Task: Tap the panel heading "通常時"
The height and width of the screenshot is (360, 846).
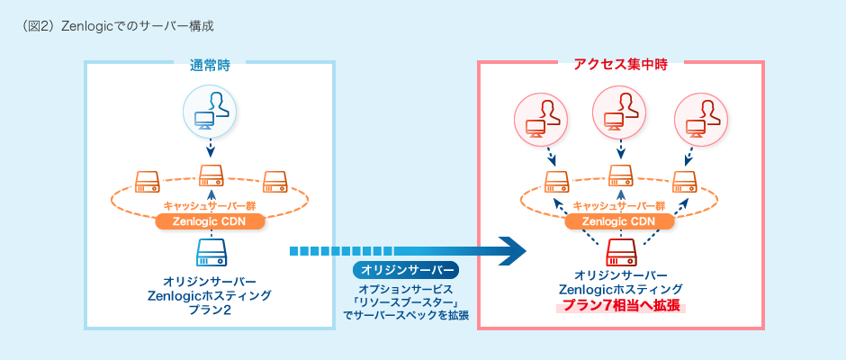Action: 210,64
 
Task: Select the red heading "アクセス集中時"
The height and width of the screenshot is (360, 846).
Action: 620,64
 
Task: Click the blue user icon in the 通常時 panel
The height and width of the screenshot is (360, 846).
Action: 210,109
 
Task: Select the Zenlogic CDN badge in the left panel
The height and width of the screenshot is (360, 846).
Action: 210,221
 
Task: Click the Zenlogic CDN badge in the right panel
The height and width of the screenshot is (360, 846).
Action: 620,221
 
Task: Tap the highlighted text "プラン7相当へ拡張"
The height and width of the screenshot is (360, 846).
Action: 620,306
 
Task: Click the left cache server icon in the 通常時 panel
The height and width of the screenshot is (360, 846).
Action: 147,181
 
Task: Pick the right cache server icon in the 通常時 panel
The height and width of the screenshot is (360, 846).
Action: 274,181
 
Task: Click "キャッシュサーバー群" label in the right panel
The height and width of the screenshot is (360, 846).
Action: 620,205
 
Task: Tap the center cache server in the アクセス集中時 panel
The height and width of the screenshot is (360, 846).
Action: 620,175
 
